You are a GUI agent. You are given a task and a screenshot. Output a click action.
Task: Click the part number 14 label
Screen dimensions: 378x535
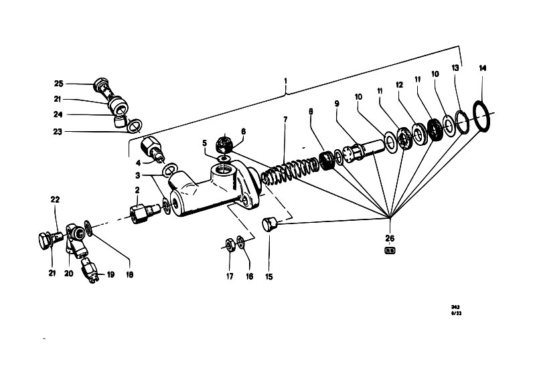(483, 68)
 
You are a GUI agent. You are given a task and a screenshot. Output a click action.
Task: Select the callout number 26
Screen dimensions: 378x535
(390, 238)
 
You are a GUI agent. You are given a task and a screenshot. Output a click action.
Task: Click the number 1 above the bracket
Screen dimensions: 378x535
(286, 82)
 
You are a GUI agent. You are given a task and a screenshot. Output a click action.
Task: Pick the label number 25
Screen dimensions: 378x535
(58, 84)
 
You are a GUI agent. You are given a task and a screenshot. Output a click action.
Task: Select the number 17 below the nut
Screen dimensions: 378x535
(228, 276)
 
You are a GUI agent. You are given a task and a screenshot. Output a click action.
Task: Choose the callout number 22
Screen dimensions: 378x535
(55, 199)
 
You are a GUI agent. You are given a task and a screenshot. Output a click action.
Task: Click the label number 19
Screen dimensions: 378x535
(111, 274)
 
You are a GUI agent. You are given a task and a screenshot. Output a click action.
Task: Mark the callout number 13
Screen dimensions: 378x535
(455, 68)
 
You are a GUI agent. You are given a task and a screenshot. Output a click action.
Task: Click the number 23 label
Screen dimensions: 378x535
(58, 132)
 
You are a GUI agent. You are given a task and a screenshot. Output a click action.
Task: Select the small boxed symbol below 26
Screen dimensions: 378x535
(389, 251)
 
